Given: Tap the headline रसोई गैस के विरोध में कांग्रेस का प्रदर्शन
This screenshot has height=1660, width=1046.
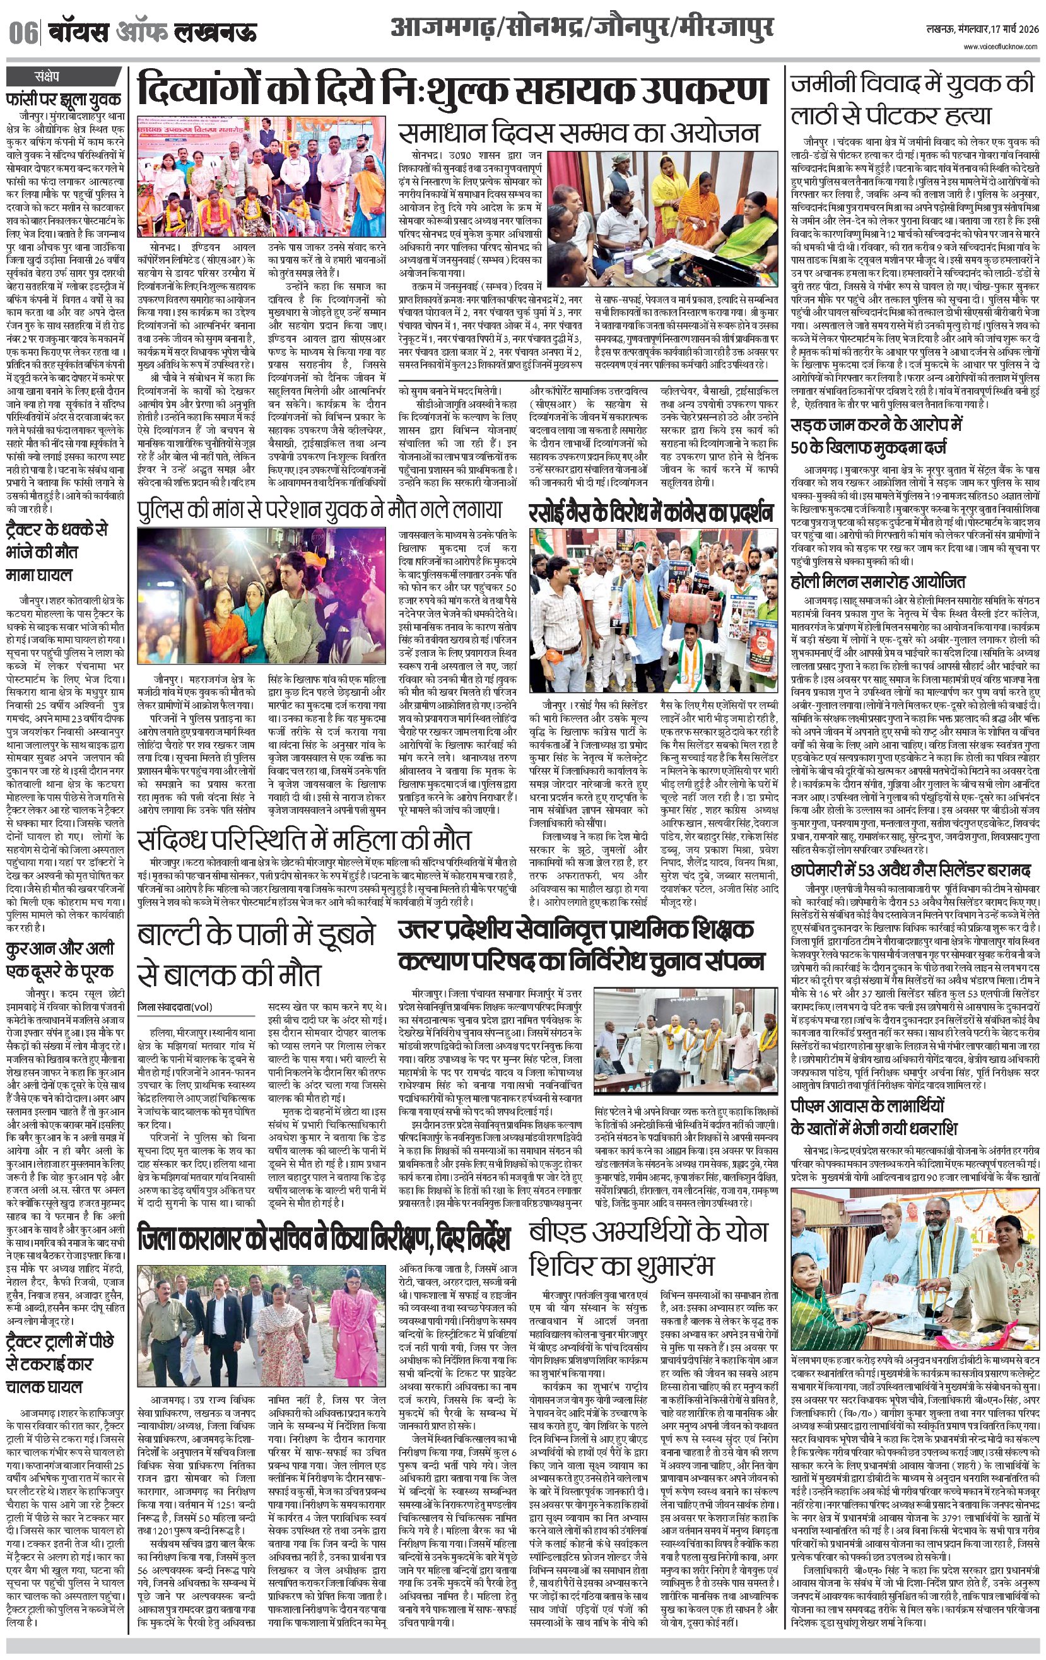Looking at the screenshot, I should (652, 513).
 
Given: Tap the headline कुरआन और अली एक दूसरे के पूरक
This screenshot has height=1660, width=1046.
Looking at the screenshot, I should (60, 960).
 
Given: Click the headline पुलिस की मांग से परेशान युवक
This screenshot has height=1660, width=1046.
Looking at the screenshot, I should (319, 510).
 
